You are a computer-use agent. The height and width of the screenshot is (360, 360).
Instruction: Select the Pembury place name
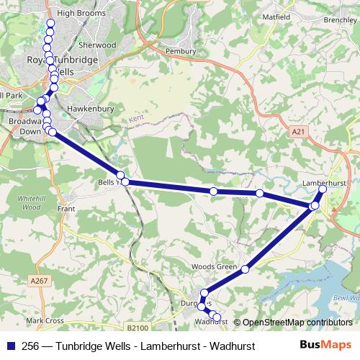181,52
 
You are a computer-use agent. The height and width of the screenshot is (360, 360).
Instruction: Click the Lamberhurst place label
322,184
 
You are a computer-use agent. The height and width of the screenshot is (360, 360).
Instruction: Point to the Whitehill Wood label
31,202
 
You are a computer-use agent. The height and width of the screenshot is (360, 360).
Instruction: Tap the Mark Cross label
45,320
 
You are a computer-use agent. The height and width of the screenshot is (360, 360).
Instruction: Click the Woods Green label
215,267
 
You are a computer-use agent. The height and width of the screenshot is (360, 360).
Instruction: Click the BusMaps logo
327,345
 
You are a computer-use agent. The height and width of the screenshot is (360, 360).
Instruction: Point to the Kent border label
136,117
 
